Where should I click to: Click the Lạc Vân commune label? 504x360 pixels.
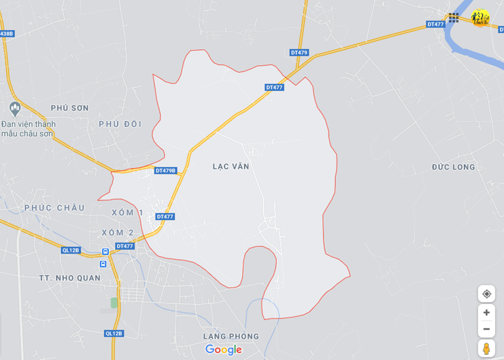(230, 167)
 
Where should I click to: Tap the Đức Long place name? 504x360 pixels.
(453, 167)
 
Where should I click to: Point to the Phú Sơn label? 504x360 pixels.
(70, 108)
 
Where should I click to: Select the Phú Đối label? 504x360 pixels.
(120, 124)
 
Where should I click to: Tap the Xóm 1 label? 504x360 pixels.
(128, 213)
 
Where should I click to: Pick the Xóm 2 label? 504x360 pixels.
(118, 233)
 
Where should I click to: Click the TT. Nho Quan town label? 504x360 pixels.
(69, 278)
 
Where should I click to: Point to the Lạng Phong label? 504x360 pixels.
(231, 336)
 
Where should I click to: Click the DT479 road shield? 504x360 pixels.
(299, 53)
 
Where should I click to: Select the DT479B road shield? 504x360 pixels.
(166, 170)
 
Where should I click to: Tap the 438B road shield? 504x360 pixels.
(6, 34)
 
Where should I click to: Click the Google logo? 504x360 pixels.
(223, 349)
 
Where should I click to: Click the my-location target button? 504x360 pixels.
(487, 294)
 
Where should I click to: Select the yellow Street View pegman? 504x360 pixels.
(487, 349)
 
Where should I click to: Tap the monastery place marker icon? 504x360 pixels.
(15, 108)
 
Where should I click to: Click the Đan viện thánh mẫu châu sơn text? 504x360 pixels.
(29, 129)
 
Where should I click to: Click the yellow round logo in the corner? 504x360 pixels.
(480, 17)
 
